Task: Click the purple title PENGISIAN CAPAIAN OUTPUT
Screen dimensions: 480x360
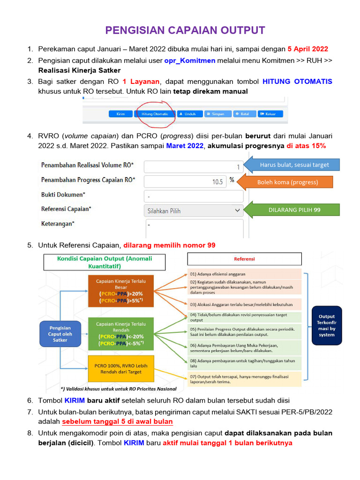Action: point(185,31)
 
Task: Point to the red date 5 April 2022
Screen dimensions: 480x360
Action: point(307,49)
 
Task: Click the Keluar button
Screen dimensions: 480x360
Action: point(275,114)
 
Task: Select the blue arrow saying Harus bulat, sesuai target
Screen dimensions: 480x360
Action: point(291,165)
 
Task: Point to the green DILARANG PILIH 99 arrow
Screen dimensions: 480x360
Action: point(291,210)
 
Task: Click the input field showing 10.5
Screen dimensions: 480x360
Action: point(185,181)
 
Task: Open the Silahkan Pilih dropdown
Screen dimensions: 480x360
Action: point(193,211)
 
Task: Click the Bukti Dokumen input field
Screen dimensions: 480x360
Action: point(193,196)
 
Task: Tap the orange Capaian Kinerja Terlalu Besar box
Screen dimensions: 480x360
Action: point(120,291)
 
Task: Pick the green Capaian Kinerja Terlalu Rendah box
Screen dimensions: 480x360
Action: point(120,333)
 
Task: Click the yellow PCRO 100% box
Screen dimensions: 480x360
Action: point(120,368)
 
